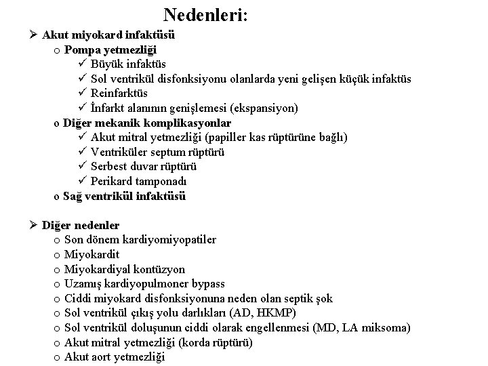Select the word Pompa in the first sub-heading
click(81, 49)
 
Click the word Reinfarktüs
click(119, 94)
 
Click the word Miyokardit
click(91, 255)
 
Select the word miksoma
click(386, 328)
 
